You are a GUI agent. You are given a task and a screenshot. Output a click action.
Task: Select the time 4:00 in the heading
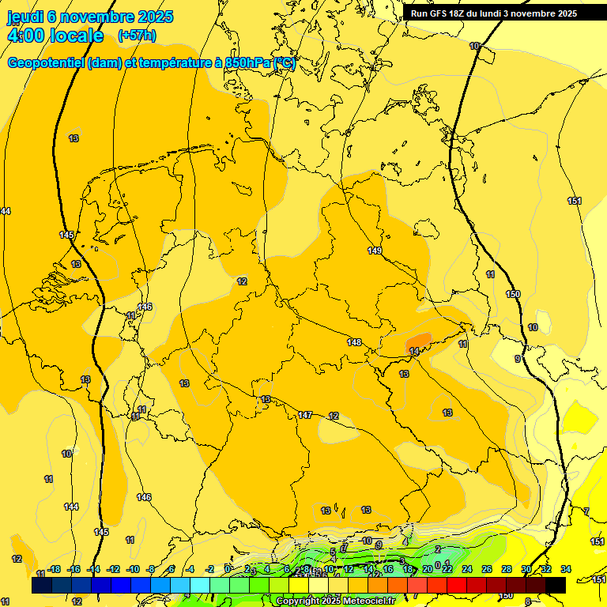click(23, 36)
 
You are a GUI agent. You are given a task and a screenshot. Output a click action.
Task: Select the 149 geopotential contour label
click(375, 251)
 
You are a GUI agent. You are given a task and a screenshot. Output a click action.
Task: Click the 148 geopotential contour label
click(354, 342)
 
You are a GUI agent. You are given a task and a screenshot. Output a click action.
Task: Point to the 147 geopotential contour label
click(305, 415)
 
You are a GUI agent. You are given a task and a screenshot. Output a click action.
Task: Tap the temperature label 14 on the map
click(414, 351)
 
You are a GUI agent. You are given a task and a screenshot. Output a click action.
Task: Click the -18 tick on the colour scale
click(54, 569)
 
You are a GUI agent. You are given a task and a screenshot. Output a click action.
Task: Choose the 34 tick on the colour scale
click(565, 569)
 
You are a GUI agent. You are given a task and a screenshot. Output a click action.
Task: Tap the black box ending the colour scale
click(556, 585)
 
